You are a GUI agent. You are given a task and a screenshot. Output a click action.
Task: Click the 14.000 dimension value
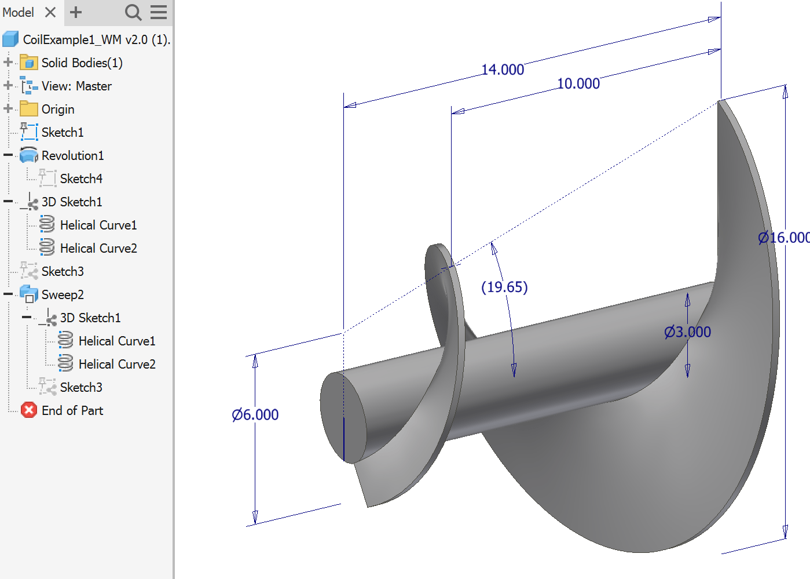503,70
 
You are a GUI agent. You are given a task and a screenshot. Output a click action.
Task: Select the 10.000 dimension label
578,83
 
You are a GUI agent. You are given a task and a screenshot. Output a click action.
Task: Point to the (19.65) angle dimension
504,287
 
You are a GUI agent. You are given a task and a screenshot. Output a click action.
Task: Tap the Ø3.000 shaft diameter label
687,332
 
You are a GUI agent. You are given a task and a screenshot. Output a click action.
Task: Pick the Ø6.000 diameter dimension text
255,415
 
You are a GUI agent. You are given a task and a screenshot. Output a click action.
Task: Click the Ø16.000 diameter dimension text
783,238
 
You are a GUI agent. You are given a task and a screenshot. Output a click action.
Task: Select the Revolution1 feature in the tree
72,155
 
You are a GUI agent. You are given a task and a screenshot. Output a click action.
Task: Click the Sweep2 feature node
63,294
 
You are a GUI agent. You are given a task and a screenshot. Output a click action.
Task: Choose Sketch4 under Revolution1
81,179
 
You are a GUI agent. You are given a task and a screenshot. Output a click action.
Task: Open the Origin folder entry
57,109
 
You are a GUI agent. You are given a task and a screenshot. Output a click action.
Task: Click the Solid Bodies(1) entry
82,63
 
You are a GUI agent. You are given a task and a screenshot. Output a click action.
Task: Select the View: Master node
76,86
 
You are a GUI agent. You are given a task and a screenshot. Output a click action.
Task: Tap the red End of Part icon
29,410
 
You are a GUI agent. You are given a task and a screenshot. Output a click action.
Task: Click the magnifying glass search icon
133,12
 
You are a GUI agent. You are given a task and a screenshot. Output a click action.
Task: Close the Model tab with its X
50,12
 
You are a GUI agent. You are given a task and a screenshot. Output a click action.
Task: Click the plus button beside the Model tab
76,12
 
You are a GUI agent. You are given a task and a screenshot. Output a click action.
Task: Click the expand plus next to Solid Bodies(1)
8,63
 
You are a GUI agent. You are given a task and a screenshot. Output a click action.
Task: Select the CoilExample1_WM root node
96,39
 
